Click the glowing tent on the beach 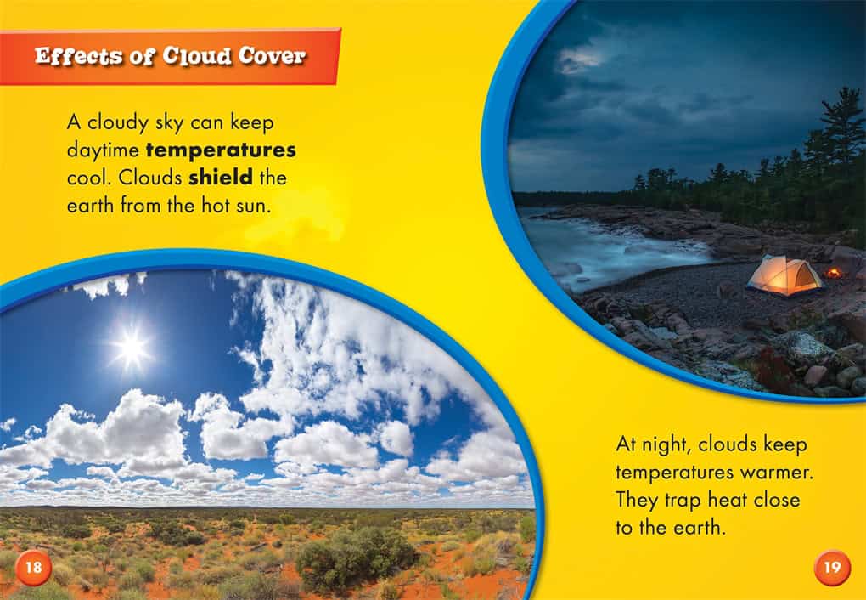coord(784,275)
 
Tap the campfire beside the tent coord(833,273)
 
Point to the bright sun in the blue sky coord(131,348)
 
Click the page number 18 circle coord(33,568)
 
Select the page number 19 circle coord(832,568)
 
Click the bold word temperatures coord(221,150)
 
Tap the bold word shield coord(221,178)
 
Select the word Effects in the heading coord(78,56)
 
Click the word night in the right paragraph coord(665,445)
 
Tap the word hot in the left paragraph coord(214,205)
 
